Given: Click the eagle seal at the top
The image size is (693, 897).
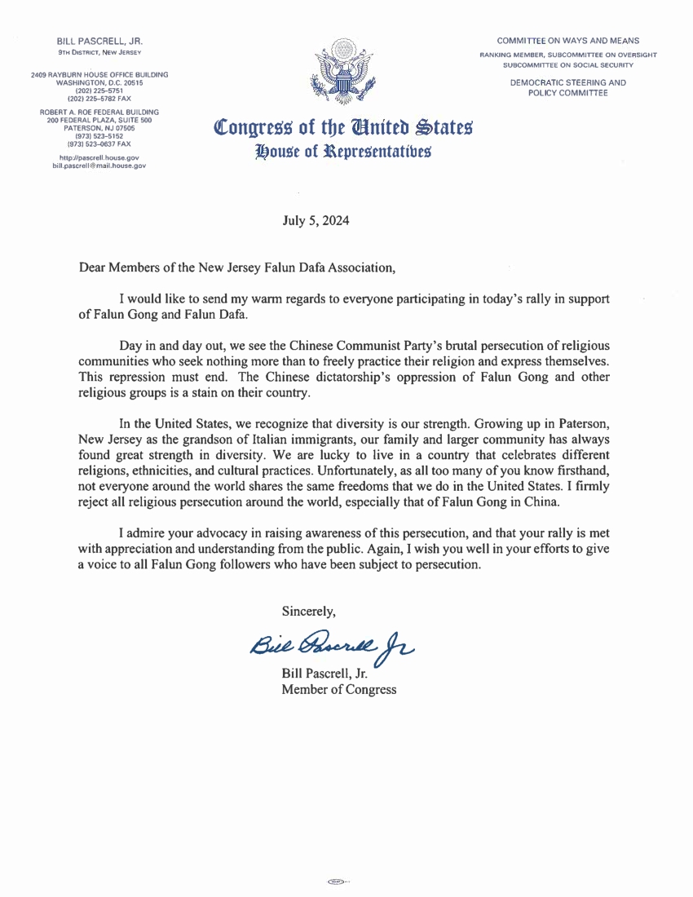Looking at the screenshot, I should pyautogui.click(x=343, y=74).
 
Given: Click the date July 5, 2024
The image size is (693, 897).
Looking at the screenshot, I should pyautogui.click(x=316, y=219).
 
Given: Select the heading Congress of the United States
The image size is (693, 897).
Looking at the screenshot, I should pyautogui.click(x=342, y=127).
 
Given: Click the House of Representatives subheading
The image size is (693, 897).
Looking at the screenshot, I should pyautogui.click(x=342, y=150).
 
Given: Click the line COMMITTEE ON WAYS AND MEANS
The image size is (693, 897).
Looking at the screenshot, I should pyautogui.click(x=568, y=41).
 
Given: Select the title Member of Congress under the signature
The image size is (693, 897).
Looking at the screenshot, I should pyautogui.click(x=338, y=690).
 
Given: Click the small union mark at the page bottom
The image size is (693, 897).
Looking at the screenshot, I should pyautogui.click(x=335, y=882).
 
